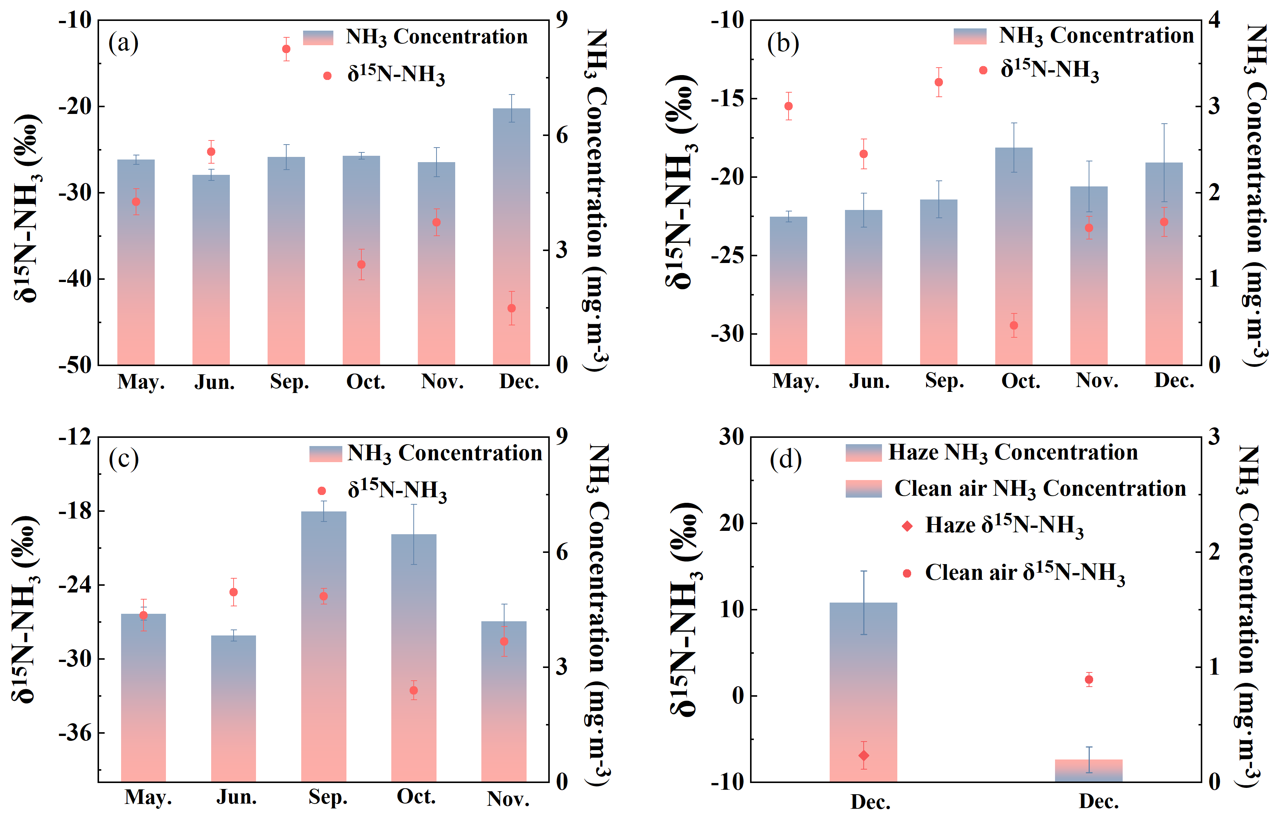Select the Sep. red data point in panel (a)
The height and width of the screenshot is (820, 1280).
coord(286,49)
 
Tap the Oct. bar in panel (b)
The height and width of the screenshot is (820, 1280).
coord(1014,256)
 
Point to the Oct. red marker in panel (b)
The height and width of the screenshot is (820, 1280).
coord(1014,325)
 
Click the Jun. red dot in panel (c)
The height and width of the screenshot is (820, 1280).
coord(233,592)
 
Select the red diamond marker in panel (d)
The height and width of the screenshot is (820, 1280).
coord(863,755)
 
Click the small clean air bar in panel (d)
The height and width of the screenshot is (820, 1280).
coord(1089,770)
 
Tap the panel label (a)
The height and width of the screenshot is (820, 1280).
coord(123,43)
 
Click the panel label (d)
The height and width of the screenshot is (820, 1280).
coord(785,459)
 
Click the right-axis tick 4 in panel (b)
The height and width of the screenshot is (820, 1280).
coord(1215,20)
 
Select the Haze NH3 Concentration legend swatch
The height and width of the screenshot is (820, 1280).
coord(863,453)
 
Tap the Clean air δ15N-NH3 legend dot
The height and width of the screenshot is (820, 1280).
coord(907,573)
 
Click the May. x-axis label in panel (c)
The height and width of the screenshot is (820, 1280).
coord(148,798)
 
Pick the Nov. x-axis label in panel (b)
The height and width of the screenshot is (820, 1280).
coord(1097,381)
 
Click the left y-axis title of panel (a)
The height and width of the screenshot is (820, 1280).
coord(27,208)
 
